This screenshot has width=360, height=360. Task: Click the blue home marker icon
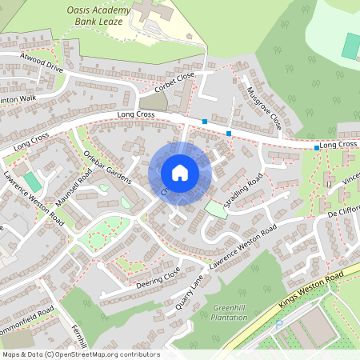pyautogui.click(x=180, y=173)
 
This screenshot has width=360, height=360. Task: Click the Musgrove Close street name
pyautogui.click(x=265, y=110)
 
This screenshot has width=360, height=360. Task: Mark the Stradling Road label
pyautogui.click(x=243, y=190)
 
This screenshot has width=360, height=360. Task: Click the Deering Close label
pyautogui.click(x=158, y=278)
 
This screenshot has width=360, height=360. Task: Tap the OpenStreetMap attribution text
pyautogui.click(x=81, y=354)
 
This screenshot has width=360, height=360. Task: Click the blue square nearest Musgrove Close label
pyautogui.click(x=230, y=133)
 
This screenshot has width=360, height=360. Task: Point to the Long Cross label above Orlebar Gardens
pyautogui.click(x=136, y=116)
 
